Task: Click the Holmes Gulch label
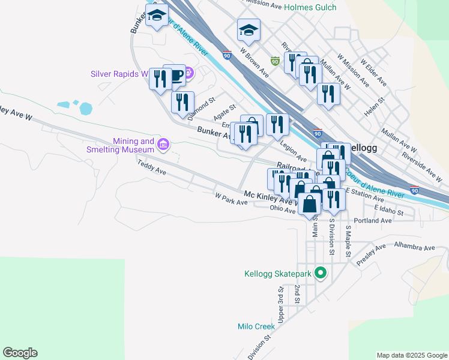[310, 7]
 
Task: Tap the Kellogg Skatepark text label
[278, 274]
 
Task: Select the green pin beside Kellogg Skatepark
[321, 274]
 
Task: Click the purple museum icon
[163, 144]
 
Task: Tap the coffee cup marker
[175, 76]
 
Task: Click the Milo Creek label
[256, 326]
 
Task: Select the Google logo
[20, 353]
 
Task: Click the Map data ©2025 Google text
[411, 355]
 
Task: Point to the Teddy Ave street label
[151, 166]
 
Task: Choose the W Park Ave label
[231, 199]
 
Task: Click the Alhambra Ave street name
[414, 247]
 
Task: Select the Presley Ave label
[370, 255]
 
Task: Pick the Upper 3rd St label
[280, 303]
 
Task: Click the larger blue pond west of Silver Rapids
[85, 109]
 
